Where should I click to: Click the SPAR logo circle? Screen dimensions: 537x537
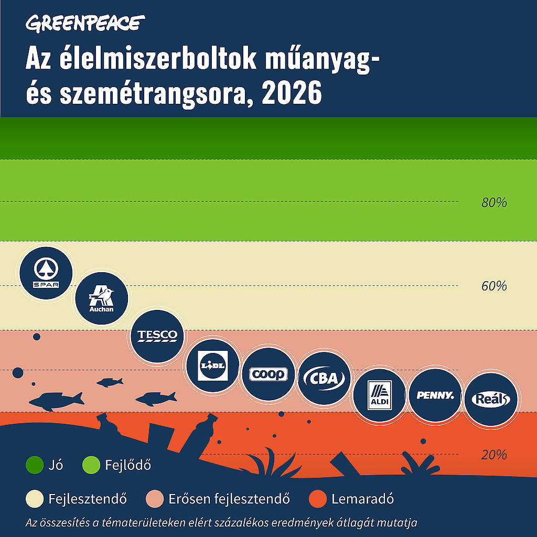46,272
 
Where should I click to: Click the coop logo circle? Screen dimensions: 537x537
268,374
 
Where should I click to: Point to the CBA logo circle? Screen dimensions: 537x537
324,378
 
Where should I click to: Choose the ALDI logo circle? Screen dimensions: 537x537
379,395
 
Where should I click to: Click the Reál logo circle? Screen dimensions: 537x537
490,399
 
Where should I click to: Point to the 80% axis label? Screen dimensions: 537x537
494,202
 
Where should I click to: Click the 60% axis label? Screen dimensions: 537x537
494,286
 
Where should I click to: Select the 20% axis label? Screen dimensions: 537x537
494,455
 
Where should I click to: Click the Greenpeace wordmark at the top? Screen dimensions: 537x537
85,23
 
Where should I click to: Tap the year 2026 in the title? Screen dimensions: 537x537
292,94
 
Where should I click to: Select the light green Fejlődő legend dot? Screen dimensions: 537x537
91,465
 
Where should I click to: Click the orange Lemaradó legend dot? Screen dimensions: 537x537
317,498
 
